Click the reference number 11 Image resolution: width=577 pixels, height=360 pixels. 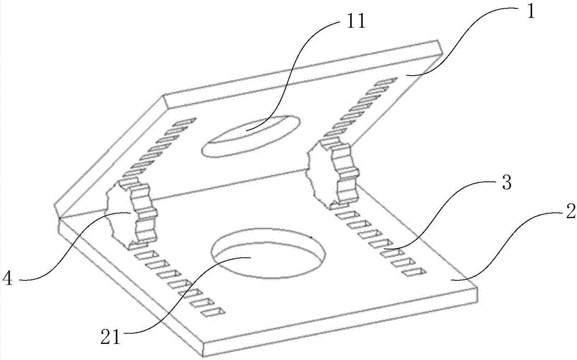click(355, 22)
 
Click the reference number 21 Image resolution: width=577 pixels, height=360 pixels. click(111, 337)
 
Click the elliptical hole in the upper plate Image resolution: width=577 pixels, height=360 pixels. click(250, 136)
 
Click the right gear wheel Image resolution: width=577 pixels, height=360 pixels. click(333, 171)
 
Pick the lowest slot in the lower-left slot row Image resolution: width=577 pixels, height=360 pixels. click(212, 312)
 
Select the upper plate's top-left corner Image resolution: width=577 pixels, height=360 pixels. click(164, 95)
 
